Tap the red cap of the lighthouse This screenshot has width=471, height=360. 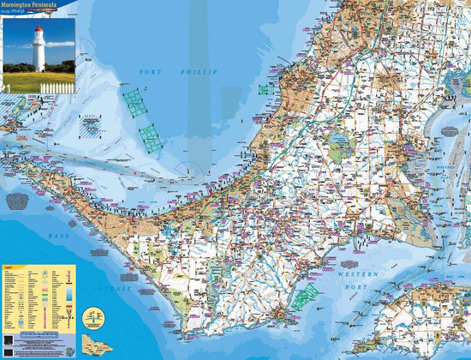(x=38, y=30)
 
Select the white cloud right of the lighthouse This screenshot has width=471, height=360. (x=60, y=43)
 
